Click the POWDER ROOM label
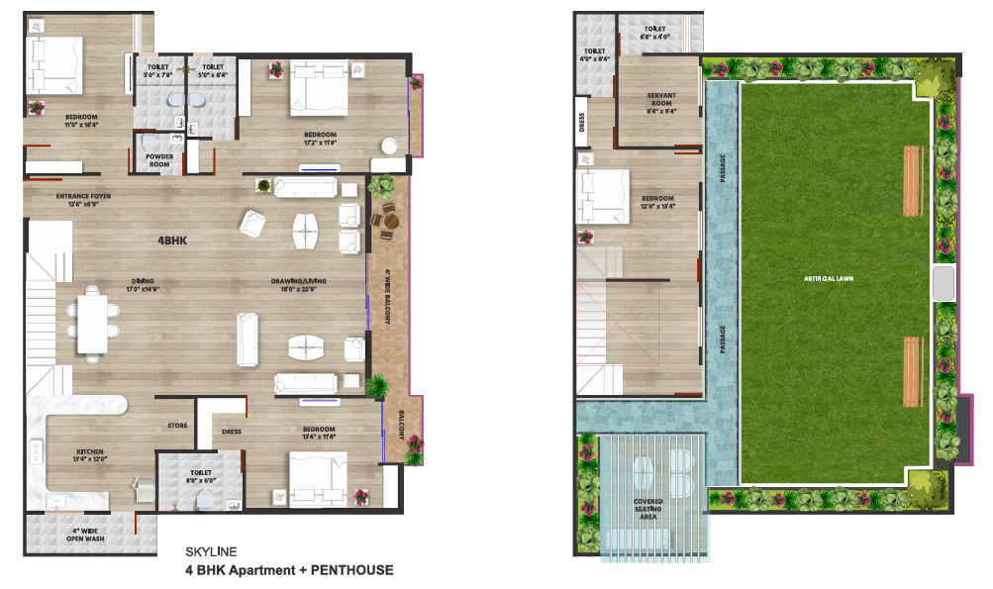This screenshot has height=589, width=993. point(159,160)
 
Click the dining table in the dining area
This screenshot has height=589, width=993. point(94,320)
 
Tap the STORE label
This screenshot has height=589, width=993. point(177,426)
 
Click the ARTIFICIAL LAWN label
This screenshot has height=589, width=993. point(829,279)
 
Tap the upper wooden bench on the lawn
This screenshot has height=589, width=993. point(911,181)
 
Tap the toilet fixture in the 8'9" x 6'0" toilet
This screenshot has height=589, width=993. point(207,498)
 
